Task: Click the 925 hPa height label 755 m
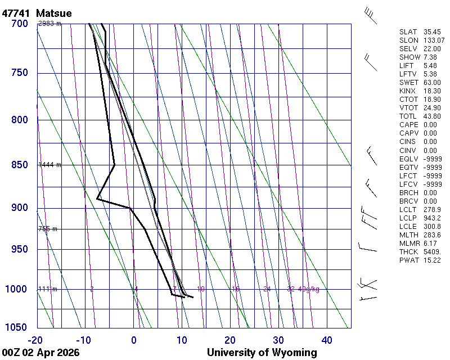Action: coord(48,229)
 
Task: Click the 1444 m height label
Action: coord(49,165)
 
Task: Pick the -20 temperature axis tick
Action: coord(35,340)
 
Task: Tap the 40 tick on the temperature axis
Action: coord(327,340)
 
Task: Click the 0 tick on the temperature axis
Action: coord(134,340)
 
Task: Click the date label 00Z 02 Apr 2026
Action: coord(40,353)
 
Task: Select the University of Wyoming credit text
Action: coord(262,353)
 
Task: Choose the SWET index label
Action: coord(409,83)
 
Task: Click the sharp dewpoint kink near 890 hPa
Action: coord(97,199)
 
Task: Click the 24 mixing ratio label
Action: coord(267,289)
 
